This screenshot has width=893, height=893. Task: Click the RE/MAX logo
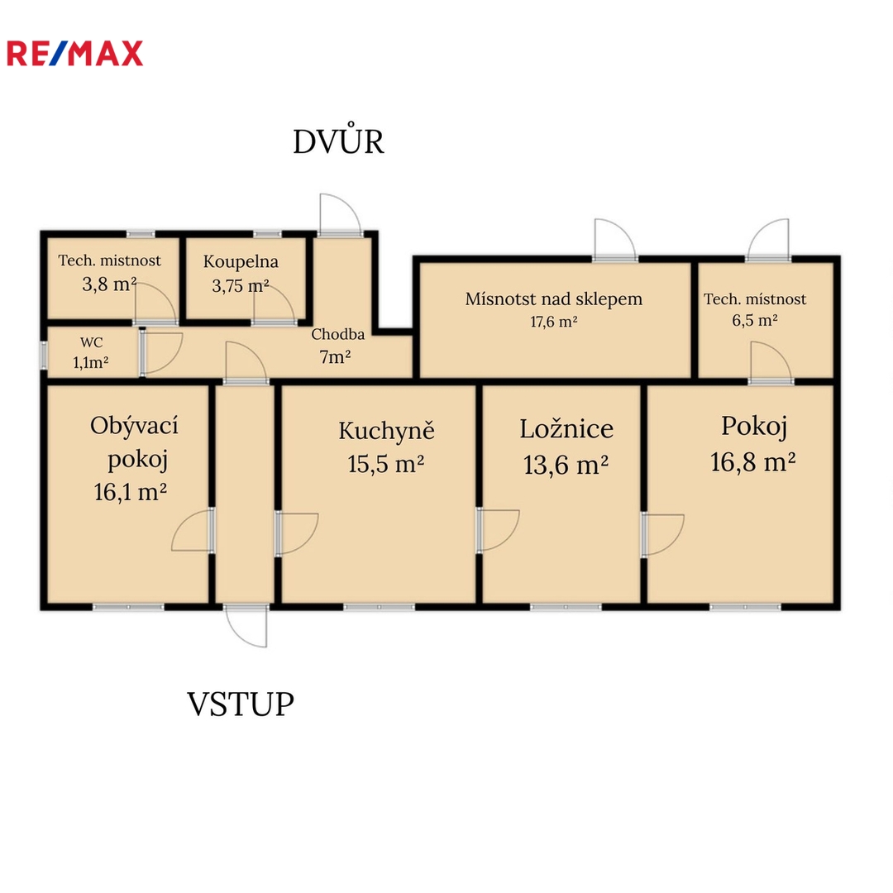(74, 54)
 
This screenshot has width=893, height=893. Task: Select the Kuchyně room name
(386, 431)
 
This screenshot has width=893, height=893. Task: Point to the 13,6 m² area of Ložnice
(566, 465)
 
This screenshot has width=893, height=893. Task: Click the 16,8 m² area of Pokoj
(752, 462)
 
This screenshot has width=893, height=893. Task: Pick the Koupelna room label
(241, 261)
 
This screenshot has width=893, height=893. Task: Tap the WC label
(91, 342)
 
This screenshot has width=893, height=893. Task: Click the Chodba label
(337, 334)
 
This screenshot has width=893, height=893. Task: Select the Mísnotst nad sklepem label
(553, 299)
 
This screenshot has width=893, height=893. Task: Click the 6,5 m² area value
(755, 320)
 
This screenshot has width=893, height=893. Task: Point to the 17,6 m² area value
(553, 322)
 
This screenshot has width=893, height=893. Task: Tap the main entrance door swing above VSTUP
(246, 627)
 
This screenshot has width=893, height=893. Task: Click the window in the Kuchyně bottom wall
(379, 607)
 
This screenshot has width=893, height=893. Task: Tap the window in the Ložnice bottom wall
(566, 607)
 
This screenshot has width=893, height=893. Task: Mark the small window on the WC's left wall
(43, 354)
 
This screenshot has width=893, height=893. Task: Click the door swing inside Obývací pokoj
(193, 530)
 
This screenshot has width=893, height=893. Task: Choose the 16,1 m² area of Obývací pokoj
(130, 492)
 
